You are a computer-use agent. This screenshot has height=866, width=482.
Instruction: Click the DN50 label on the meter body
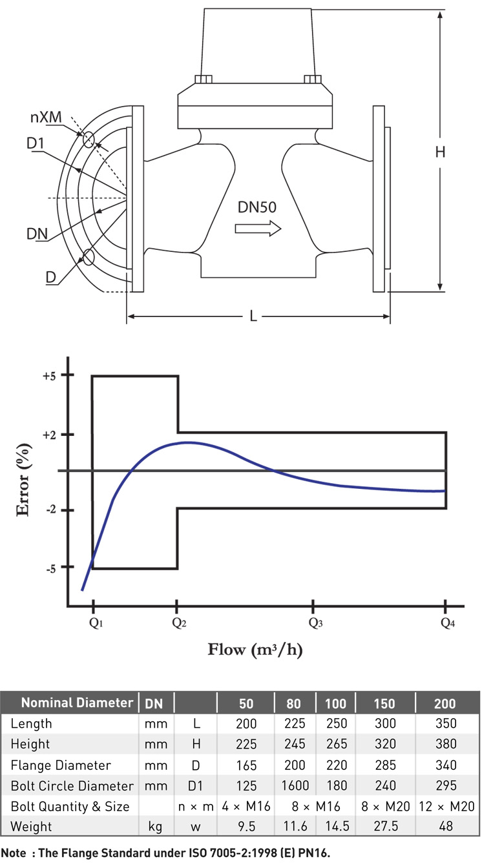pyautogui.click(x=257, y=207)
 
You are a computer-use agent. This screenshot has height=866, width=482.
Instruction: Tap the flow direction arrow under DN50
pyautogui.click(x=258, y=229)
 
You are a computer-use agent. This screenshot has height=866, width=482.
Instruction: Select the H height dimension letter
pyautogui.click(x=440, y=152)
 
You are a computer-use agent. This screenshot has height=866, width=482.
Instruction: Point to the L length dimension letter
pyautogui.click(x=253, y=316)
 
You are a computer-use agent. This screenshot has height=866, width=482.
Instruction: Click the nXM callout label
pyautogui.click(x=46, y=117)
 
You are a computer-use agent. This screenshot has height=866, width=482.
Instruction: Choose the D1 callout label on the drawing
pyautogui.click(x=35, y=143)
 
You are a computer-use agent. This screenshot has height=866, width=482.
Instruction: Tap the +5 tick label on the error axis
pyautogui.click(x=50, y=376)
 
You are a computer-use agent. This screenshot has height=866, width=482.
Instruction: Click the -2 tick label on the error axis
pyautogui.click(x=51, y=510)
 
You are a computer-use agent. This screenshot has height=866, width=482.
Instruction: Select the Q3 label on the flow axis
pyautogui.click(x=316, y=623)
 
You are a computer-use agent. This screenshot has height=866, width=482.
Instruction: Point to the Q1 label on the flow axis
pyautogui.click(x=96, y=623)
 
